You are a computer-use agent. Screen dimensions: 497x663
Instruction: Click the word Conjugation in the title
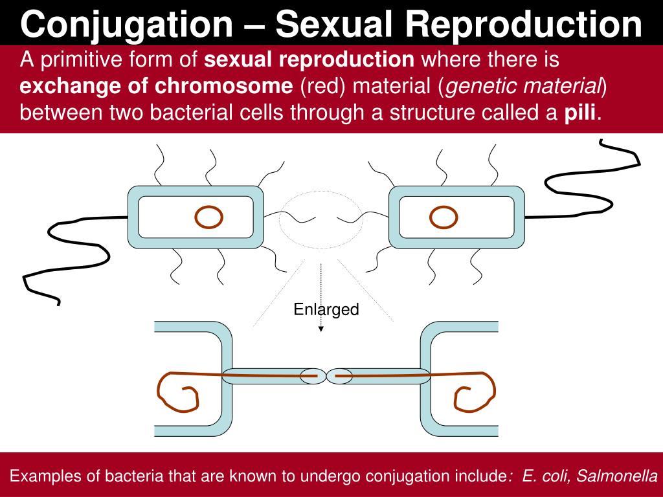127,24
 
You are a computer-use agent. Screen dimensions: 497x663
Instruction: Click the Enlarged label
326,310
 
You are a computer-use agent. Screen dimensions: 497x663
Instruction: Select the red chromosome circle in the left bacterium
208,217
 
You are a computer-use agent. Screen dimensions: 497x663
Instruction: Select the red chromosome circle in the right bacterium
444,217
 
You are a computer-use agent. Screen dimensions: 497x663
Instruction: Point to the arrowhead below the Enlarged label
321,329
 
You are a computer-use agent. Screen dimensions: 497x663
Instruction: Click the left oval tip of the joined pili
313,375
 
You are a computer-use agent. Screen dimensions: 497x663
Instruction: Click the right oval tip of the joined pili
340,375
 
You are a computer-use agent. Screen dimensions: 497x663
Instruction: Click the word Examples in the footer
45,477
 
